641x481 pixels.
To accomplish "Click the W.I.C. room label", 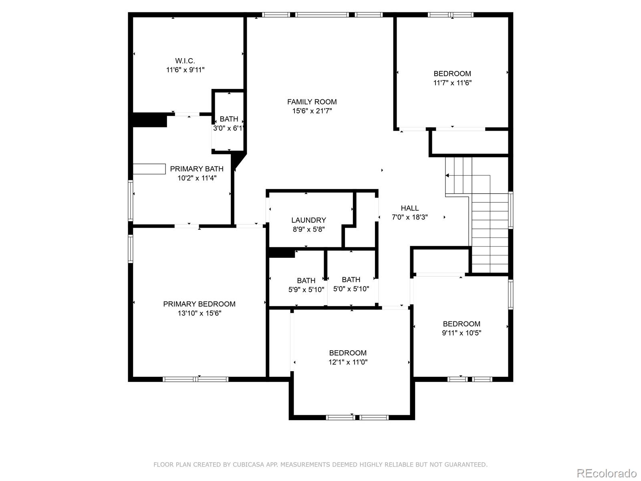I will (x=185, y=61).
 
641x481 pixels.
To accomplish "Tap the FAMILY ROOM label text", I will (x=312, y=102).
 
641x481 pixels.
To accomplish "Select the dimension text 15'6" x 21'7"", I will (x=312, y=111).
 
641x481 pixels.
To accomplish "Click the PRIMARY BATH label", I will (x=197, y=169).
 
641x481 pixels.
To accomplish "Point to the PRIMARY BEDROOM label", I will (x=199, y=304).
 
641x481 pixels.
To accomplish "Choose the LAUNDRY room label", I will (x=308, y=220).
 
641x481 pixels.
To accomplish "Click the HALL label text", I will (x=409, y=208).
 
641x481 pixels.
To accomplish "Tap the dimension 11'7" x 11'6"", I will (x=452, y=83).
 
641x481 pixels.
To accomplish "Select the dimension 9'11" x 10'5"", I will (x=462, y=333).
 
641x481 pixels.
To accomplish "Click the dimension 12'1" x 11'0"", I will (x=348, y=362).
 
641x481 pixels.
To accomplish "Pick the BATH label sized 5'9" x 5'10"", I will (x=306, y=281).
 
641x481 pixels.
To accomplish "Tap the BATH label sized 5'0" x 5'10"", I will (x=351, y=279).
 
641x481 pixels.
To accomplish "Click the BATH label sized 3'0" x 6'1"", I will (x=229, y=119).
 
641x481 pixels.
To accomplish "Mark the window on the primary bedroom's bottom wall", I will (x=196, y=379).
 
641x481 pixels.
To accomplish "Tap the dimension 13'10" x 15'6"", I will (x=199, y=313).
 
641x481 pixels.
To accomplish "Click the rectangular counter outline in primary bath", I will (x=149, y=169).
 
